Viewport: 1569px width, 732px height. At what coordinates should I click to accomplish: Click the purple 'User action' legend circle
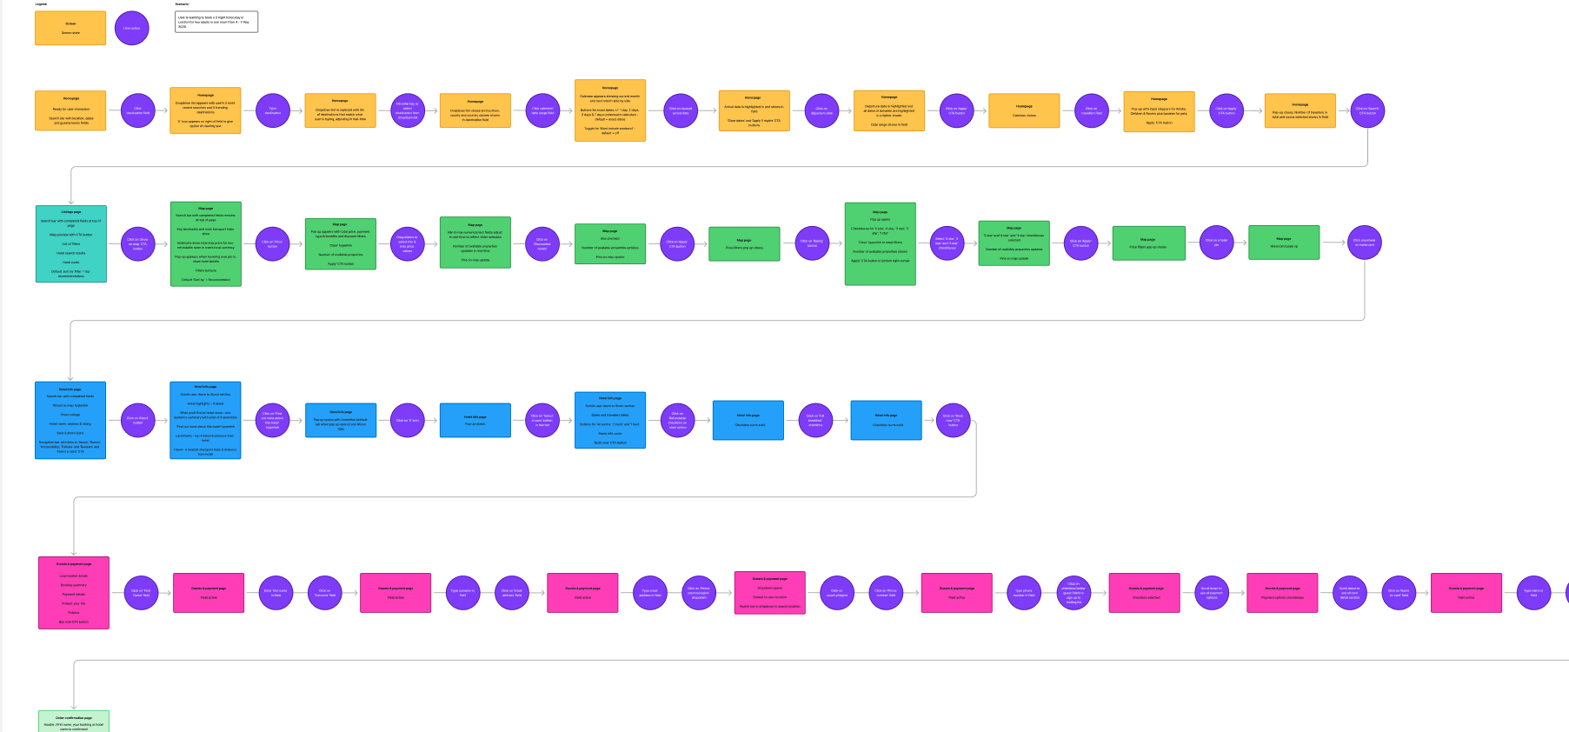tap(131, 28)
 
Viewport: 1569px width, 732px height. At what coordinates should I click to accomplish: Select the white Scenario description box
tap(216, 22)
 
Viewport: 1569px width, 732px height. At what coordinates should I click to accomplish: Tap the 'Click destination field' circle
tap(137, 110)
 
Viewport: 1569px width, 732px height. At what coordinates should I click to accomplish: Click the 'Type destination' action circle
tap(273, 110)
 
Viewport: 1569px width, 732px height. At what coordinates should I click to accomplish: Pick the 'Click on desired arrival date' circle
tap(680, 110)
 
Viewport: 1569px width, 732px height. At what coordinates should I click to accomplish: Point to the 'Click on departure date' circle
tap(821, 110)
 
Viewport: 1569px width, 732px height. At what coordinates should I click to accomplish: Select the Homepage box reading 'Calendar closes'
tap(1024, 111)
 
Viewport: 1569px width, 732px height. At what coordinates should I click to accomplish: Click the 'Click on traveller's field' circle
tap(1091, 110)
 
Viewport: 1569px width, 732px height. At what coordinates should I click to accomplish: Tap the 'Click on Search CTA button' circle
tap(1366, 110)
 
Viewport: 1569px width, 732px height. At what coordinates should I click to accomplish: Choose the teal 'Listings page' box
tap(71, 243)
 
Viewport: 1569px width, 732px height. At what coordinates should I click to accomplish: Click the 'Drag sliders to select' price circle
tap(407, 243)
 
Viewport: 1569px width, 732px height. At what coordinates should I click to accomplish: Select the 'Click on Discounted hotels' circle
tap(542, 243)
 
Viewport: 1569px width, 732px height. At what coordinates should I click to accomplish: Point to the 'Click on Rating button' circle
tap(812, 243)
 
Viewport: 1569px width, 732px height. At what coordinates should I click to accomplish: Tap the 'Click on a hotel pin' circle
tap(1216, 243)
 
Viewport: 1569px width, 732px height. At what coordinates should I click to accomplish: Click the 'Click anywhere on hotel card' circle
tap(1364, 243)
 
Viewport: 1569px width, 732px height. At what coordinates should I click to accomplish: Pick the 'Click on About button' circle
tap(137, 420)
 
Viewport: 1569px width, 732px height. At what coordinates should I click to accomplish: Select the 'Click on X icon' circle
tap(407, 420)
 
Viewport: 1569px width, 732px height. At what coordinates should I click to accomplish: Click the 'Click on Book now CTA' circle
tap(953, 420)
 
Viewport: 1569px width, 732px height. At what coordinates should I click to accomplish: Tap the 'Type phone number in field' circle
tap(1024, 593)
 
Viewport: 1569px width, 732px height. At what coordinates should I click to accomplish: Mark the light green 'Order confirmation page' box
tap(74, 721)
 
